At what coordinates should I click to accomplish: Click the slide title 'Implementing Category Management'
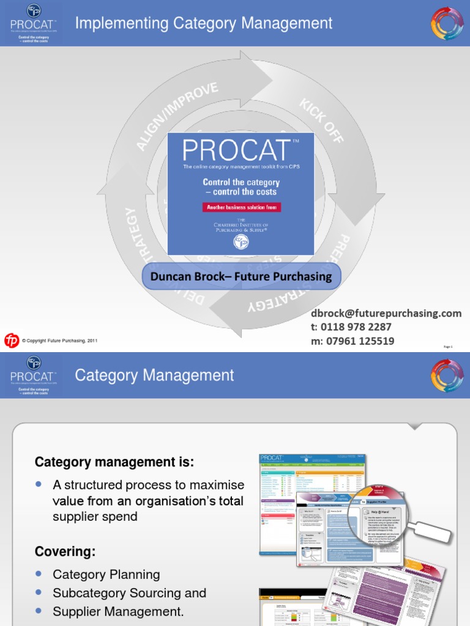pyautogui.click(x=204, y=24)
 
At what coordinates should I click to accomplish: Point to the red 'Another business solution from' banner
pyautogui.click(x=241, y=207)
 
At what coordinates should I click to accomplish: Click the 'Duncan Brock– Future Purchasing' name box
pyautogui.click(x=241, y=276)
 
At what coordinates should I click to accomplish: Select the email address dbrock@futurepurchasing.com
pyautogui.click(x=386, y=313)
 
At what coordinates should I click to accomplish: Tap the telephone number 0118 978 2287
pyautogui.click(x=351, y=327)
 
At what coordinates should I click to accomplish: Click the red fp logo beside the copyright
pyautogui.click(x=11, y=341)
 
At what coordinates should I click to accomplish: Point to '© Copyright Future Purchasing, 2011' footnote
pyautogui.click(x=59, y=341)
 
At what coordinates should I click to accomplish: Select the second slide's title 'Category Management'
pyautogui.click(x=154, y=375)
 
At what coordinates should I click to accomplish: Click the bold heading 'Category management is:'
pyautogui.click(x=114, y=463)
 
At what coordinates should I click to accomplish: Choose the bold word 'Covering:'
pyautogui.click(x=65, y=551)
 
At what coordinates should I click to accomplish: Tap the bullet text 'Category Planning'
pyautogui.click(x=106, y=575)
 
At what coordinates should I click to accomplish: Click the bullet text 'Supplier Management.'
pyautogui.click(x=118, y=611)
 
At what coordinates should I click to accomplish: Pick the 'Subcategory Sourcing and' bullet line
pyautogui.click(x=130, y=593)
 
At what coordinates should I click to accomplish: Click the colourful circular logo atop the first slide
pyautogui.click(x=447, y=23)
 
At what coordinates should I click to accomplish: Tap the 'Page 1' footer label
pyautogui.click(x=448, y=347)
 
